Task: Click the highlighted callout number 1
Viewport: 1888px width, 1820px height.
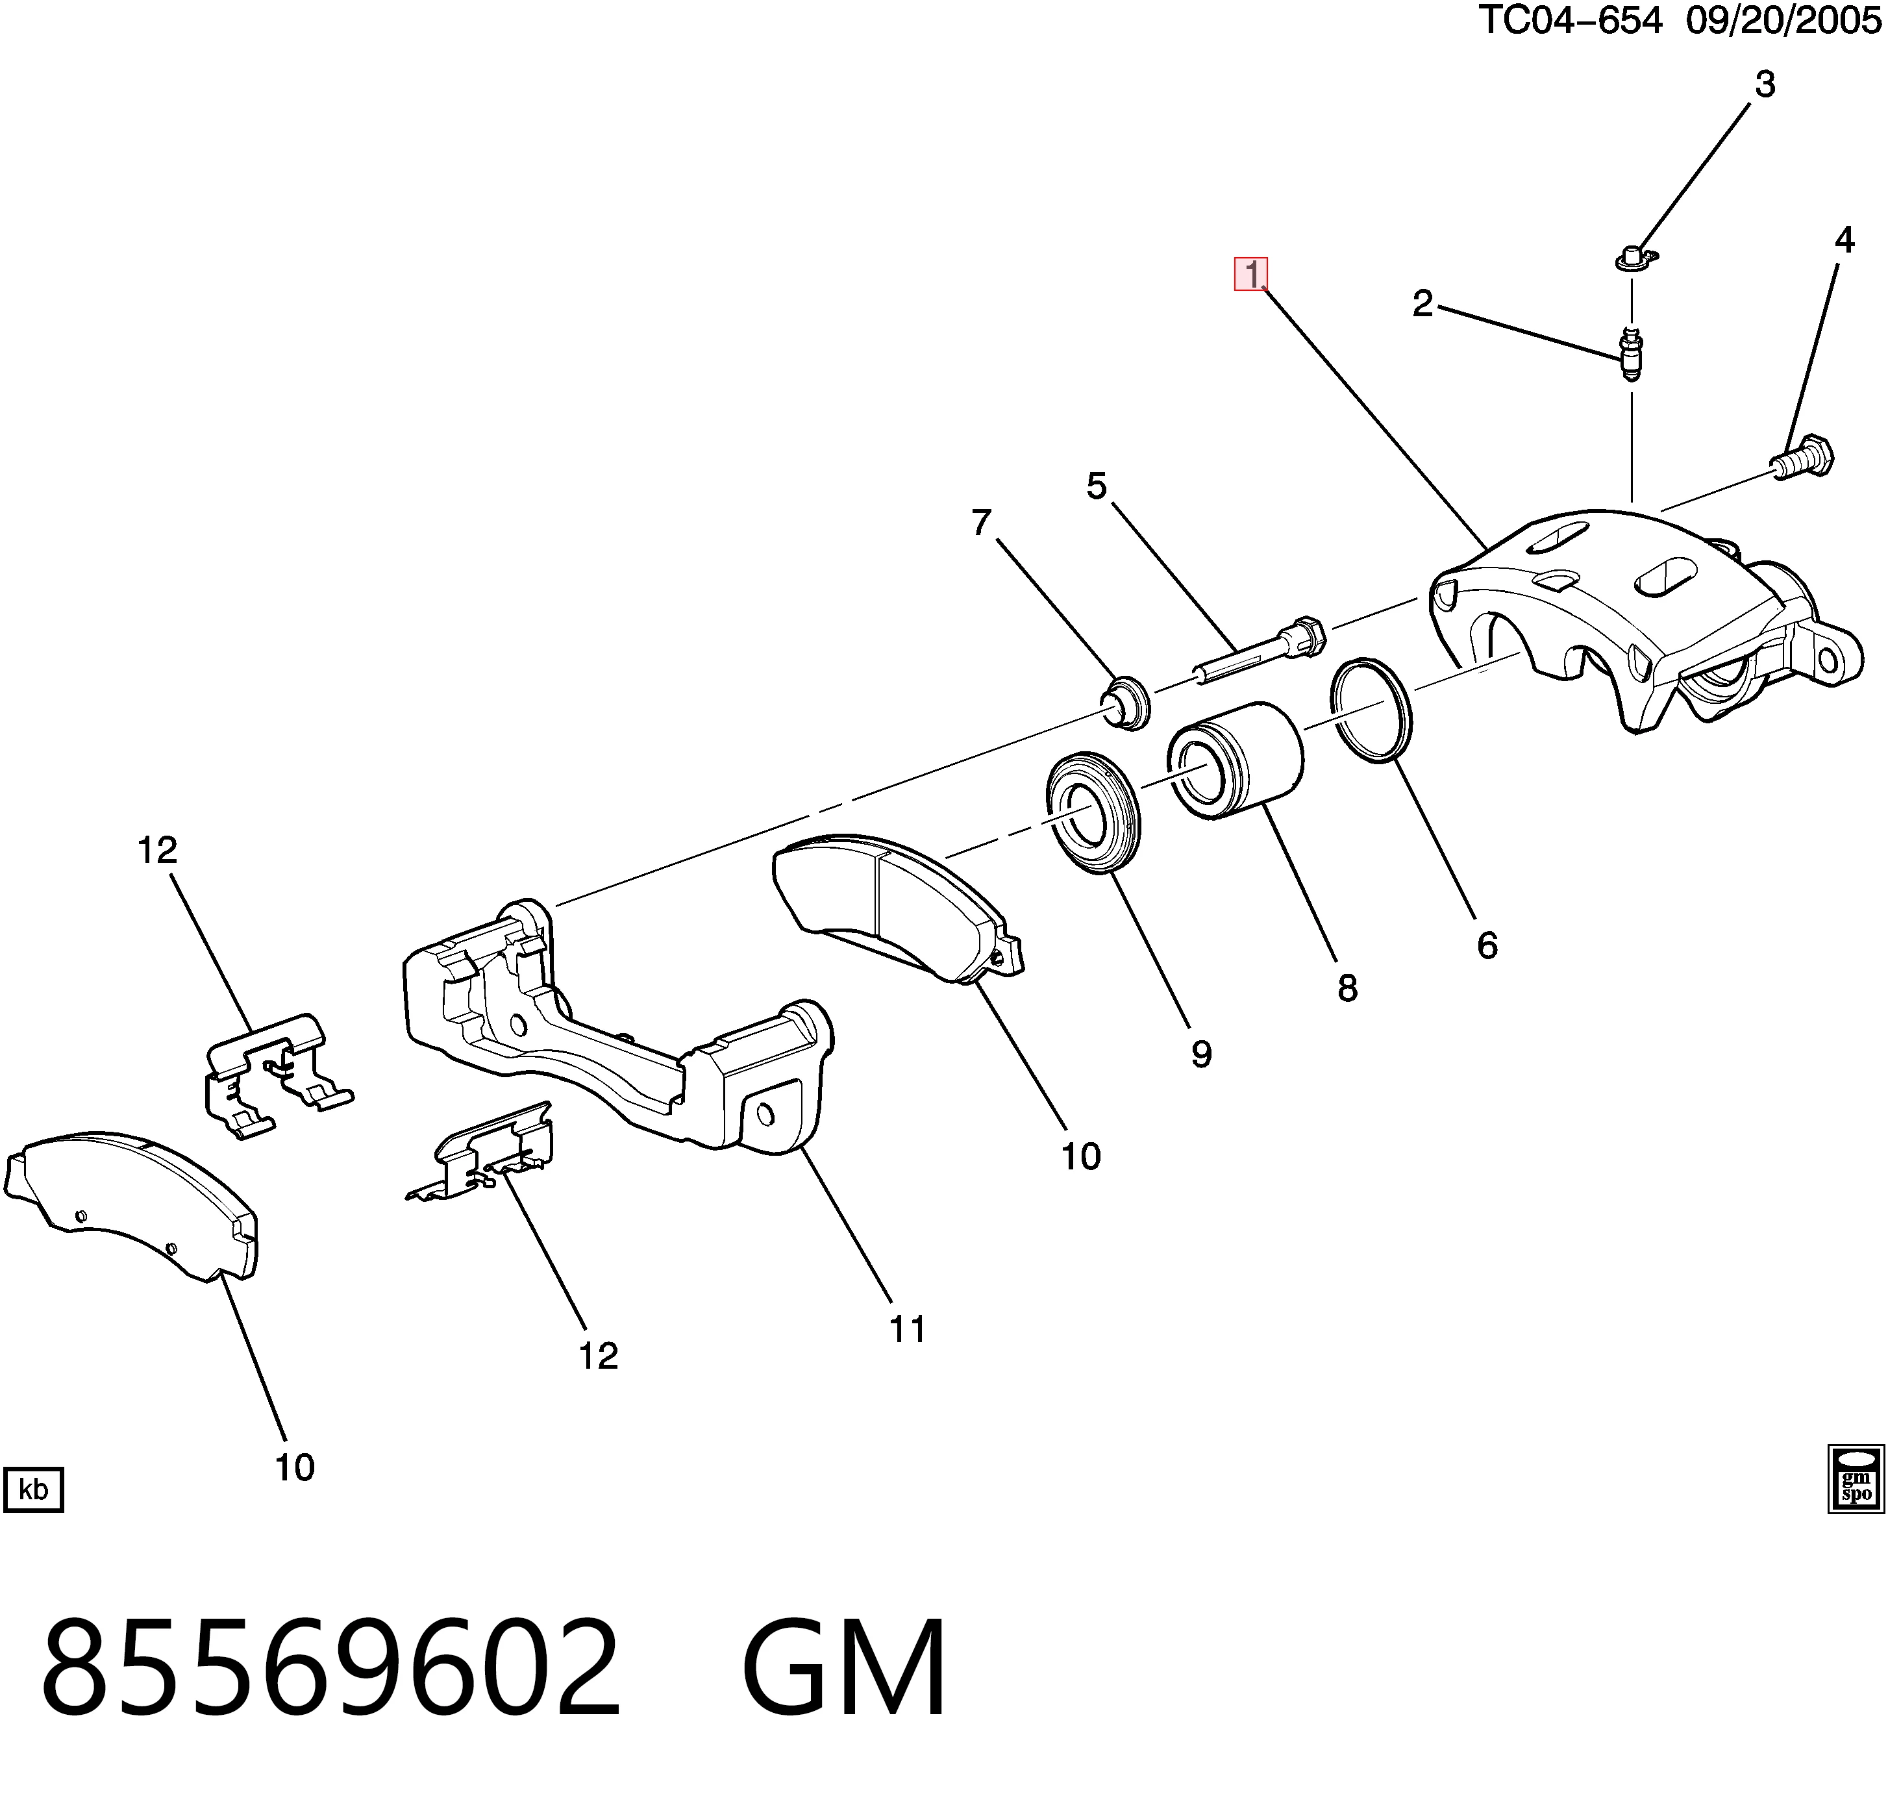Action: coord(1251,275)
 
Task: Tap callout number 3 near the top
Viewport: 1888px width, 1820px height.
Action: coord(1765,86)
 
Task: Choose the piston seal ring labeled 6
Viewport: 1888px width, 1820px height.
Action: coord(1372,710)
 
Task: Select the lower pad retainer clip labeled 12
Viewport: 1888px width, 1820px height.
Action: coord(480,1151)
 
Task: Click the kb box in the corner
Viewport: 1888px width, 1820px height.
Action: coord(34,1490)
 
